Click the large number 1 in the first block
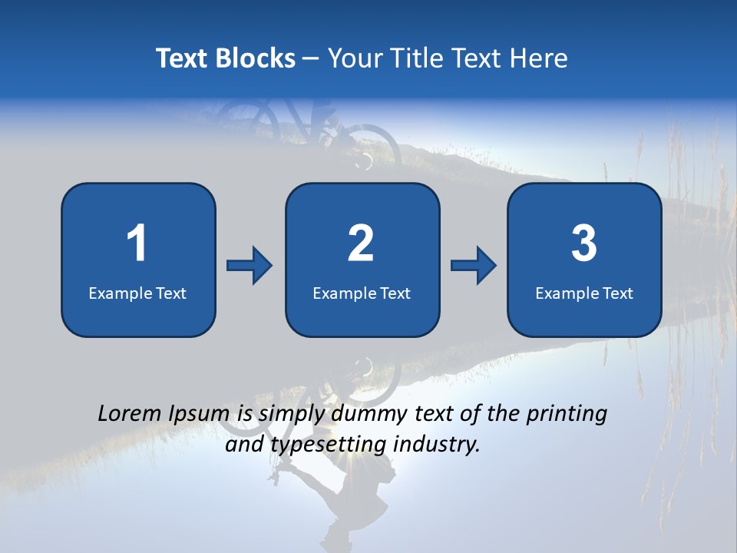[x=137, y=243]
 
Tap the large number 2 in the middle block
[x=361, y=243]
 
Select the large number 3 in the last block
[x=584, y=243]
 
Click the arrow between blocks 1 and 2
[x=250, y=266]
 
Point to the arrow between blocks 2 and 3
[x=474, y=266]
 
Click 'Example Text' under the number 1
[x=137, y=293]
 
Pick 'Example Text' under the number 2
[x=362, y=293]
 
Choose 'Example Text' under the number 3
[x=584, y=293]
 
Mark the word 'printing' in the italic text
[x=566, y=414]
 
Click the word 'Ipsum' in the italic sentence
[x=197, y=414]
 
